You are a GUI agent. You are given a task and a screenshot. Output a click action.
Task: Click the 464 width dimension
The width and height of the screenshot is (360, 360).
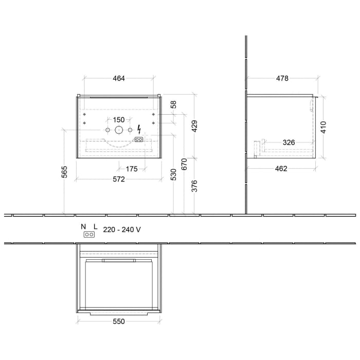[119, 79]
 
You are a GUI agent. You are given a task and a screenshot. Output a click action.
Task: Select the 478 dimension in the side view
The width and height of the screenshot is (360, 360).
[282, 79]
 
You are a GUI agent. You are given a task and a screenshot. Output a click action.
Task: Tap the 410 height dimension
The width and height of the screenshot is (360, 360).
[323, 127]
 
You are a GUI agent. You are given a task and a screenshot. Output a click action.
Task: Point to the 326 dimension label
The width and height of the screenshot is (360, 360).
[288, 142]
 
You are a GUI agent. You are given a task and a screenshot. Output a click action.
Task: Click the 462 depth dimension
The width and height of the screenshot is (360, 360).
[281, 168]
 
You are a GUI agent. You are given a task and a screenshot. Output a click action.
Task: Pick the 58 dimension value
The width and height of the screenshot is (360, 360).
[173, 104]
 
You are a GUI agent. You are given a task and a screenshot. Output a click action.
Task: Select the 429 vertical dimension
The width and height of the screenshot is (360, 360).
[194, 126]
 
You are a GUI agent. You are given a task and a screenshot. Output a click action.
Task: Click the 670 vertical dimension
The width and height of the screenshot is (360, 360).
[184, 165]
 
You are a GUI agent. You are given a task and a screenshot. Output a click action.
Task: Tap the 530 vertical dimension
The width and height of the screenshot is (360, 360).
[173, 175]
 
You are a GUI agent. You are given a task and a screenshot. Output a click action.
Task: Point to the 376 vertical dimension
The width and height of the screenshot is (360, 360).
[194, 186]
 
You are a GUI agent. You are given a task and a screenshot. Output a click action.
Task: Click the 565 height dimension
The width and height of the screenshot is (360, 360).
[64, 172]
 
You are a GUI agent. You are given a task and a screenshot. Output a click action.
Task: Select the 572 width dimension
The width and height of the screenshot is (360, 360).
[119, 179]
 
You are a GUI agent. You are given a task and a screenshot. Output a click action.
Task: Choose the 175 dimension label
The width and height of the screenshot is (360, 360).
[131, 168]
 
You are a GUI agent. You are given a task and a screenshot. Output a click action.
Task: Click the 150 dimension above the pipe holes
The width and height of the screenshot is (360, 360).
[119, 120]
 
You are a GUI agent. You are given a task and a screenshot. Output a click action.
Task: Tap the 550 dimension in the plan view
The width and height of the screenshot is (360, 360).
[119, 321]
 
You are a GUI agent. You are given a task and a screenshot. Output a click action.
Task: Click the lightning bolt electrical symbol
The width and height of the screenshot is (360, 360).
[139, 130]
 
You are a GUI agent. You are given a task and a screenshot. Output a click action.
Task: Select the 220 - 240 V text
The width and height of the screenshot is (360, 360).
[122, 230]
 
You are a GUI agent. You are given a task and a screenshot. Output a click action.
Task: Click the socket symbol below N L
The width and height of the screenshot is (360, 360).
[89, 235]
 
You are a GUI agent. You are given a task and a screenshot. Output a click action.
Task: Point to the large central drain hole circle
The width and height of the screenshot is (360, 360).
[119, 130]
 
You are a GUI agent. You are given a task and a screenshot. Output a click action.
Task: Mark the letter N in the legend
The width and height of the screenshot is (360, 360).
[83, 226]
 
